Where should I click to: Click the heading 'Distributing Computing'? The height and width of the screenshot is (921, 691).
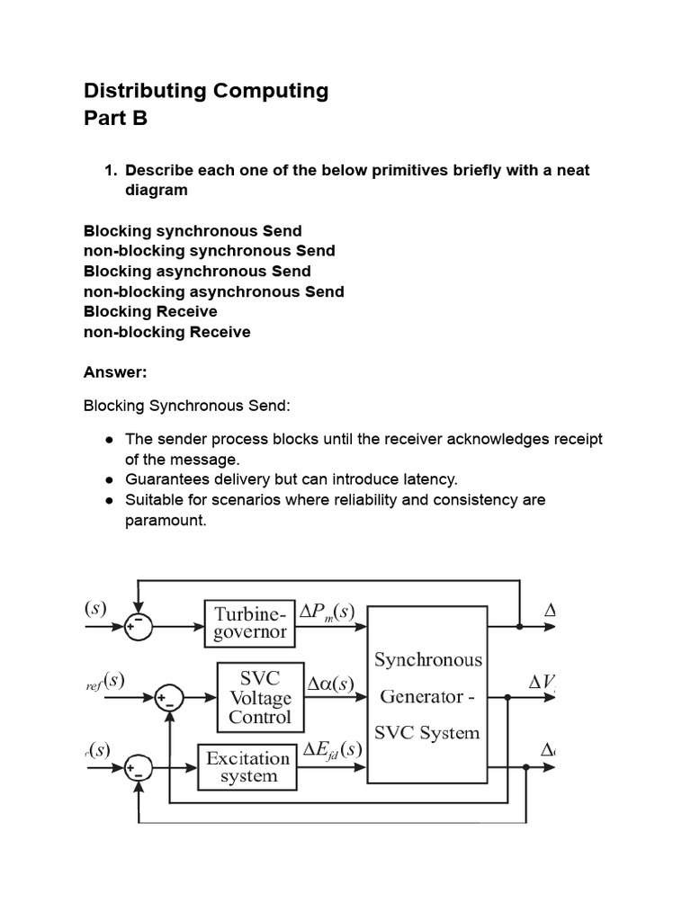tap(206, 90)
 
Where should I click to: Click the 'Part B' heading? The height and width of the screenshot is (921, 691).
tap(115, 119)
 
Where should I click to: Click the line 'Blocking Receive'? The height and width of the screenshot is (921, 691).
tap(150, 311)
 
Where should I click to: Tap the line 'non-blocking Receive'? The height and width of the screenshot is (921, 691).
tap(166, 332)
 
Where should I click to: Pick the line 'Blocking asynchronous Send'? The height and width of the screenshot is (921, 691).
tap(197, 271)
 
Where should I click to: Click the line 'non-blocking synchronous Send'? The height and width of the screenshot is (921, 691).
tap(209, 251)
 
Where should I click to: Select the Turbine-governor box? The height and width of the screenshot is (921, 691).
tap(249, 622)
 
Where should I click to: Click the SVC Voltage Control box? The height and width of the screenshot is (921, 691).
tap(260, 697)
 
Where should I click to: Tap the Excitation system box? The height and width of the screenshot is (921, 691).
tap(247, 766)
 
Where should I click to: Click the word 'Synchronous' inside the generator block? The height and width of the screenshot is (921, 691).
tap(428, 659)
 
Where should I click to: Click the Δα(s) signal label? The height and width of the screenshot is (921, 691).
tap(330, 684)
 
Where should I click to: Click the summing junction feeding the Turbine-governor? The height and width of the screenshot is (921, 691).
tap(138, 628)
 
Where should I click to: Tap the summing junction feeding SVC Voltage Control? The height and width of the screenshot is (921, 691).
tap(168, 697)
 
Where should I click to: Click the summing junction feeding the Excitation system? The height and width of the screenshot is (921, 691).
tap(139, 768)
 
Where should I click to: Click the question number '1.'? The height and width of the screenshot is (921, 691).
tap(112, 170)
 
